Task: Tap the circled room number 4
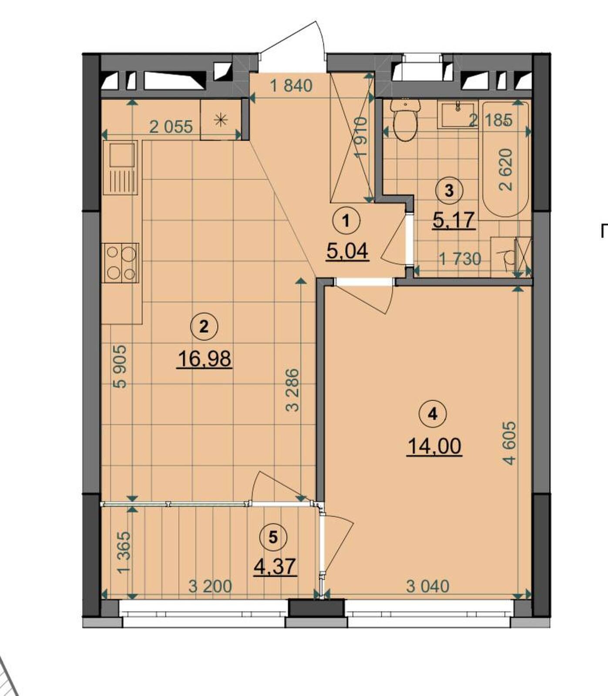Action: click(x=432, y=414)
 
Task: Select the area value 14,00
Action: click(x=434, y=446)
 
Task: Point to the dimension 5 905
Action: click(x=119, y=367)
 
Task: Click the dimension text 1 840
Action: click(x=291, y=86)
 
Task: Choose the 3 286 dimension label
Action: click(x=293, y=390)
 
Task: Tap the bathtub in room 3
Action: click(x=506, y=159)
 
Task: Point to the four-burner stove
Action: click(x=121, y=263)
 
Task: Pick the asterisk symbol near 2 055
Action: click(x=221, y=120)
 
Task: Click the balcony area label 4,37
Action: click(x=275, y=567)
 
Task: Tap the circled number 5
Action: click(x=273, y=538)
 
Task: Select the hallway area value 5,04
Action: click(x=347, y=251)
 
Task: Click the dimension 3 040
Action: click(x=427, y=586)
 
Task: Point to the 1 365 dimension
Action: click(x=124, y=552)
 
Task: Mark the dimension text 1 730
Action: click(x=460, y=260)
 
